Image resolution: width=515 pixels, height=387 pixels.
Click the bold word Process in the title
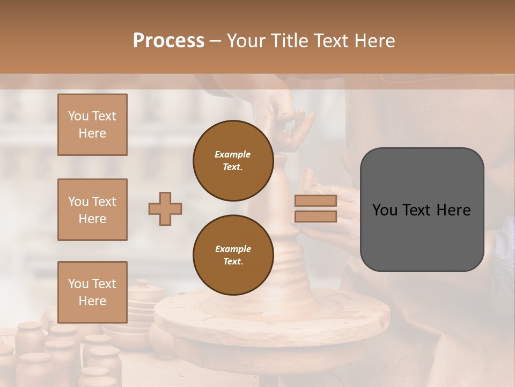point(168,40)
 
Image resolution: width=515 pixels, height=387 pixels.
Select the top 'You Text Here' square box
point(92,125)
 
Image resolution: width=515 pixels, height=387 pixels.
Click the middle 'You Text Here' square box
point(92,210)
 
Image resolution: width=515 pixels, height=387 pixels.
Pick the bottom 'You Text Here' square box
point(92,292)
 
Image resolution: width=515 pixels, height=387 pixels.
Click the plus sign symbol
point(165,209)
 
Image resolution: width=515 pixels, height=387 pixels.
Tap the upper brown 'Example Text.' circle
point(233,161)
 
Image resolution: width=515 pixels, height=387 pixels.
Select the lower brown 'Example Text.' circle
point(233,255)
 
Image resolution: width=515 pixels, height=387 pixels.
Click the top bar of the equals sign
point(315,201)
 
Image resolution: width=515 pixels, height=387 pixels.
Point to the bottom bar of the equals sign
point(315,217)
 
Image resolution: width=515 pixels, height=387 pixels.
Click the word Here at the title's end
point(374,40)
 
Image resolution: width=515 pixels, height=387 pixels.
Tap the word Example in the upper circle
point(233,154)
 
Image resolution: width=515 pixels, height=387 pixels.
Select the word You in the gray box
point(385,210)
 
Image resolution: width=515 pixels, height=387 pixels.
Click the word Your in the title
point(247,40)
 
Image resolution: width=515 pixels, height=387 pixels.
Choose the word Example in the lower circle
point(233,249)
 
